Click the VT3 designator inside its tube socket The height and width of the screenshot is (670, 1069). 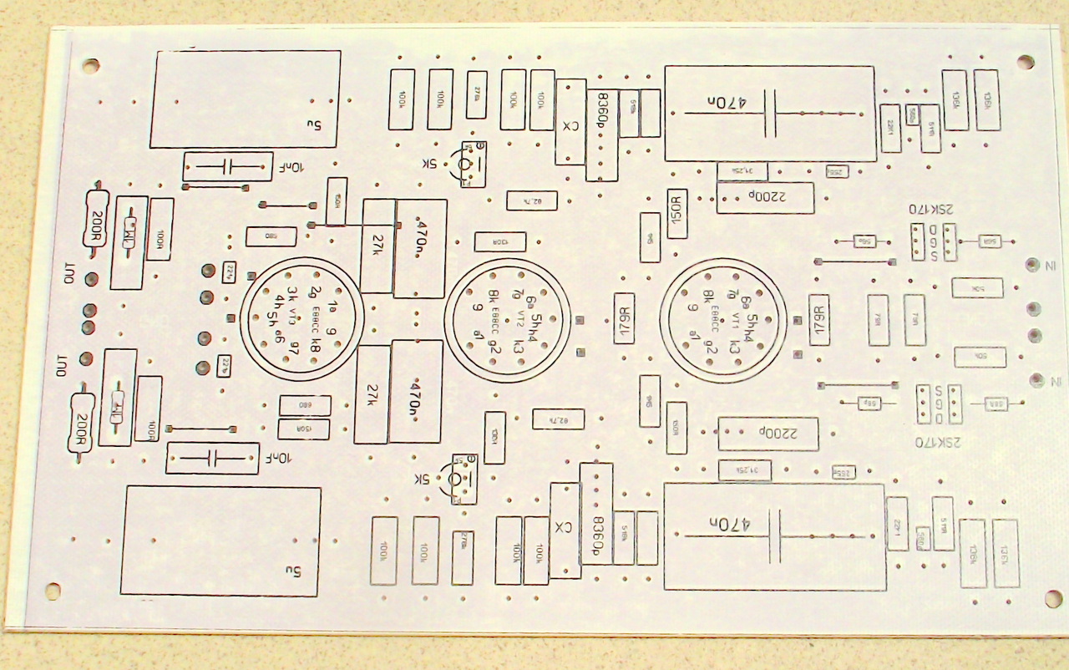[293, 317]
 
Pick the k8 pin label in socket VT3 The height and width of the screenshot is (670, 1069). [314, 344]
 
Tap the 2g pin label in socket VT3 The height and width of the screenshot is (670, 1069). [315, 292]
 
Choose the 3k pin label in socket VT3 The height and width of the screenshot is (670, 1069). [291, 293]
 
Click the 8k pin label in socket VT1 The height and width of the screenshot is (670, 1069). [708, 296]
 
